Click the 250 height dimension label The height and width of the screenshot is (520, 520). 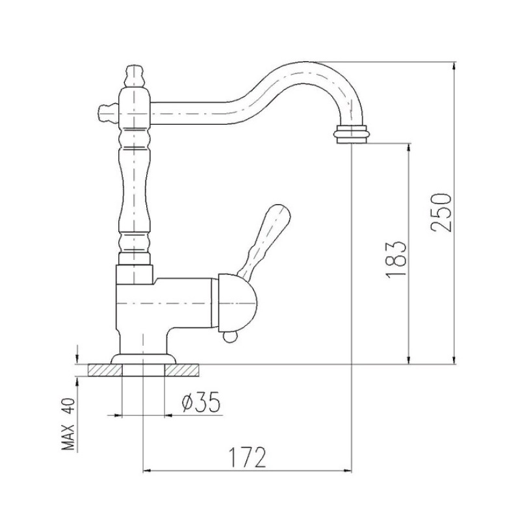[x=442, y=213]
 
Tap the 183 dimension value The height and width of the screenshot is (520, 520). [x=396, y=259]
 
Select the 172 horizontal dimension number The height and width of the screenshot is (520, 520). [x=248, y=458]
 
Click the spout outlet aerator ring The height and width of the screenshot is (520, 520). [x=351, y=134]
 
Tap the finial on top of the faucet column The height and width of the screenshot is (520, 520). [x=135, y=75]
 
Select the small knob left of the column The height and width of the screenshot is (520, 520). [x=108, y=112]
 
